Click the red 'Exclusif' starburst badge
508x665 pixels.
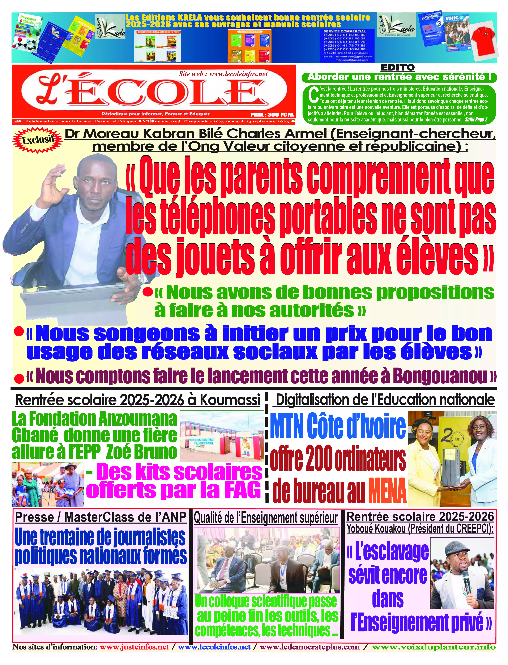[x=38, y=140]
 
